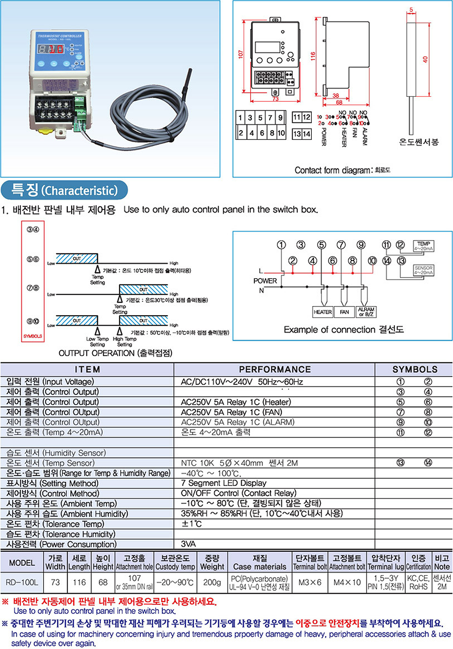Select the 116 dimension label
click(313, 56)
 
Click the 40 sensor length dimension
click(425, 59)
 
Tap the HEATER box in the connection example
click(323, 312)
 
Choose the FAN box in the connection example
click(344, 312)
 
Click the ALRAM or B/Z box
click(366, 312)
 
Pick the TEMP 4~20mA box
click(423, 246)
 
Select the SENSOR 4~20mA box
click(423, 270)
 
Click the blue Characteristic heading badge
click(65, 190)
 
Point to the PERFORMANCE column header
click(275, 369)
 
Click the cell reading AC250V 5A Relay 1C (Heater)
click(236, 402)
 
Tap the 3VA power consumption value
click(188, 544)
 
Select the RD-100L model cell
click(22, 582)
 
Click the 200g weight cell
click(212, 582)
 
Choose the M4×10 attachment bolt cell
click(347, 582)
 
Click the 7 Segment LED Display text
click(224, 483)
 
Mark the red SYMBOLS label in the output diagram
click(33, 336)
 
